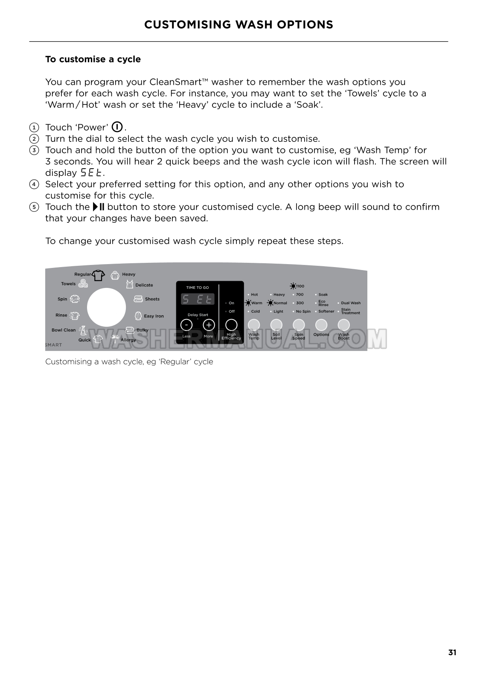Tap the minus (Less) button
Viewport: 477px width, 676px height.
pos(186,325)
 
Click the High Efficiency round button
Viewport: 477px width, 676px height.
pos(231,325)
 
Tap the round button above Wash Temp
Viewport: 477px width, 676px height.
pos(254,325)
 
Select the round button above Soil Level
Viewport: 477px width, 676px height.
pos(276,325)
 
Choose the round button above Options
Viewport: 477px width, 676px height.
pos(321,325)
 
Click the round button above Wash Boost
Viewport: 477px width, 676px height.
pos(343,325)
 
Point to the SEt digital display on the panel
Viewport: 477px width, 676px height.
pos(198,299)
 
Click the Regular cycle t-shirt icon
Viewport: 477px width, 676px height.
pos(99,275)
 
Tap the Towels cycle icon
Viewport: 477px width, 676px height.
pos(83,284)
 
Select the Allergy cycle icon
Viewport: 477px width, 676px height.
pos(115,339)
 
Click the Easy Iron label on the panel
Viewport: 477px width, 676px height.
pos(154,316)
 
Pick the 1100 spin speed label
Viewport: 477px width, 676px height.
pos(300,286)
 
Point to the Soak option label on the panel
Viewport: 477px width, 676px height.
pos(323,295)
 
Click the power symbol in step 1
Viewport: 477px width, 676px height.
pos(117,127)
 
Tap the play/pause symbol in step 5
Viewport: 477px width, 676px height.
pos(99,207)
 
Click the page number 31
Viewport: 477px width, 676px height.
pos(452,653)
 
